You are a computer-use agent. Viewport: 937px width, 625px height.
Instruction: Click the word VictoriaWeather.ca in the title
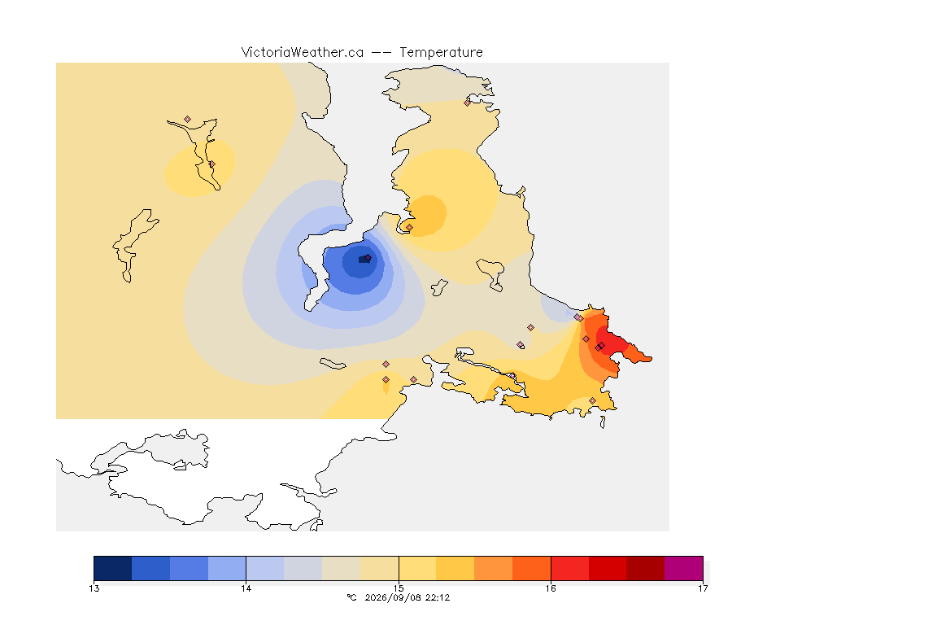(x=303, y=53)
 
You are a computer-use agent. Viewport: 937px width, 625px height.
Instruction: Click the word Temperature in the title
(x=442, y=53)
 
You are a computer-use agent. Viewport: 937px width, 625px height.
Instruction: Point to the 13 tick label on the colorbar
(x=94, y=588)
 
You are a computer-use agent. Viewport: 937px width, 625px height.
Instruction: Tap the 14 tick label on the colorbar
(x=246, y=588)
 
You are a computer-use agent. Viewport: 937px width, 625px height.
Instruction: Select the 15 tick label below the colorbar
(x=399, y=588)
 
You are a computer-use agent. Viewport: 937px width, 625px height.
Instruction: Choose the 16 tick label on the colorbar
(x=551, y=588)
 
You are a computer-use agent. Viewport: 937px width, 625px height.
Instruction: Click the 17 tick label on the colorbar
(x=703, y=588)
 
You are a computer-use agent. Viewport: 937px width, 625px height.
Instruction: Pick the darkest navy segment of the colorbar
(x=113, y=568)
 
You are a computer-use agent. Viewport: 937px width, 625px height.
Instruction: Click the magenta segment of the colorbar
(x=683, y=568)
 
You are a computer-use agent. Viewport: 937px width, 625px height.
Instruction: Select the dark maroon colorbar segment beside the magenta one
(x=645, y=568)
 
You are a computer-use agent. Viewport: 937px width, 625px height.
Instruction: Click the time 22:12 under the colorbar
(x=438, y=597)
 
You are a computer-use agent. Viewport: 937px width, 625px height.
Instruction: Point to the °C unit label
(x=352, y=597)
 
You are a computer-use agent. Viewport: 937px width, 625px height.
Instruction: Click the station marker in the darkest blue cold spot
(x=368, y=258)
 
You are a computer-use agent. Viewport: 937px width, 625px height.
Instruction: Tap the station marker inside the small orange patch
(x=409, y=227)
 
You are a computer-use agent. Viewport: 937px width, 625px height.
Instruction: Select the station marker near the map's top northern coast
(x=468, y=103)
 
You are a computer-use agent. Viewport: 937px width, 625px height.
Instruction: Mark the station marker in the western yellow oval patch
(x=211, y=164)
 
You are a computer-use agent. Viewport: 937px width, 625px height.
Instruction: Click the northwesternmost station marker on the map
(x=188, y=120)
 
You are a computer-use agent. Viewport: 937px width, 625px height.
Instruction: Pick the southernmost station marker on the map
(x=592, y=400)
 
